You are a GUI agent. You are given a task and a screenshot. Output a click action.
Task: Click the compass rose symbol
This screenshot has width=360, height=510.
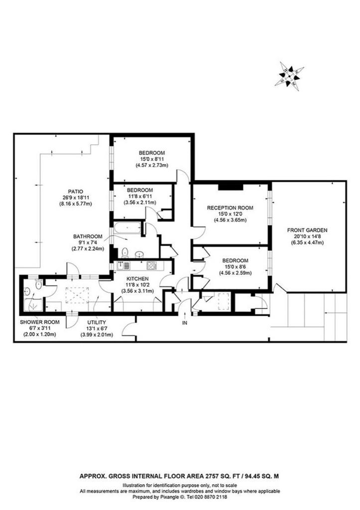[289, 76]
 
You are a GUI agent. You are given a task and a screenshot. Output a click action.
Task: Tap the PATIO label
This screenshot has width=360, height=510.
[76, 192]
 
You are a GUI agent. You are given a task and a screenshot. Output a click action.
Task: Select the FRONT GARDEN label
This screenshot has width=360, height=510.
[307, 230]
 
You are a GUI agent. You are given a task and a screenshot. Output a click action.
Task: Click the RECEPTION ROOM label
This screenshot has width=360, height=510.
[230, 208]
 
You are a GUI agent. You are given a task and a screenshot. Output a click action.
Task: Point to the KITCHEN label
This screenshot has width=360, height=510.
[137, 279]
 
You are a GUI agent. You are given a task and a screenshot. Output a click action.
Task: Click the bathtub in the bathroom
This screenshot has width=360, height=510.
[127, 228]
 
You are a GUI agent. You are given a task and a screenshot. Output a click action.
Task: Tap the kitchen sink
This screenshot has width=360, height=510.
[123, 266]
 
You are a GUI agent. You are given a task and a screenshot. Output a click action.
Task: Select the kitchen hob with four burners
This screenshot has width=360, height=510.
[152, 266]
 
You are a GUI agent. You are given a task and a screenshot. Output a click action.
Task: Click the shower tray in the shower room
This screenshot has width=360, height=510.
[33, 305]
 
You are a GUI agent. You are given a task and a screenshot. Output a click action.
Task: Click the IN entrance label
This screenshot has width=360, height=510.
[185, 323]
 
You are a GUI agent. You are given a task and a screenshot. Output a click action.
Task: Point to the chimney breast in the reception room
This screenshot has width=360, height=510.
[231, 187]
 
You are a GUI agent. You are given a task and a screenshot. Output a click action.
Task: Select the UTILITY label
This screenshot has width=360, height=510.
[97, 322]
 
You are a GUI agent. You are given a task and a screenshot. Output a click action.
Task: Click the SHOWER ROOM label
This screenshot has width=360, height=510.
[40, 322]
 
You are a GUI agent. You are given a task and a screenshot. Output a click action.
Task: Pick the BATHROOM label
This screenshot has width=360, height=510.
[88, 237]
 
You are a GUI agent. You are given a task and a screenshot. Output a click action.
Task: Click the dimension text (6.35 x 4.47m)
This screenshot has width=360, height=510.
[307, 243]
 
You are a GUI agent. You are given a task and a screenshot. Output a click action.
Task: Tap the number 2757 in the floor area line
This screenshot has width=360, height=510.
[211, 476]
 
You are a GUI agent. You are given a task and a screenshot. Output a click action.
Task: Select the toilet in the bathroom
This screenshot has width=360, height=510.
[124, 252]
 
